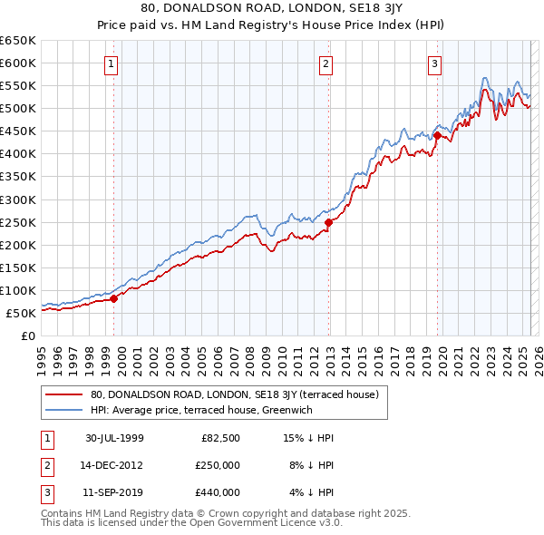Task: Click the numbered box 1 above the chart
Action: tap(111, 63)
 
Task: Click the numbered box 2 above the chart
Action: tap(325, 63)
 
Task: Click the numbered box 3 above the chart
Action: tap(434, 63)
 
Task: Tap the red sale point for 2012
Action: tap(328, 221)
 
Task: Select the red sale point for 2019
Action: tap(437, 136)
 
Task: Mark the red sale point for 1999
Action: tap(114, 298)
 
